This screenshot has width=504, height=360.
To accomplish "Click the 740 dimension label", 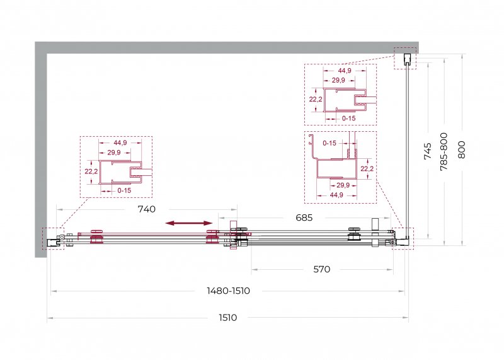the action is [x=147, y=209].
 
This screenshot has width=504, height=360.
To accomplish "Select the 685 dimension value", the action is [x=304, y=218].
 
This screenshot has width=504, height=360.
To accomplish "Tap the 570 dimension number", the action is [x=321, y=269].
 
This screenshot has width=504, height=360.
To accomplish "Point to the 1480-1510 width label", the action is [x=228, y=291].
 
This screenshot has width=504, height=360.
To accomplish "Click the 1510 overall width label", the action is [x=228, y=318].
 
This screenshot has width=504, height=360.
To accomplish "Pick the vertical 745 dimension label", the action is [x=428, y=151].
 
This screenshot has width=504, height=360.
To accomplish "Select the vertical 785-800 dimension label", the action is [x=444, y=151].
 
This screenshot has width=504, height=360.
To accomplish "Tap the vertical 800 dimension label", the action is [x=462, y=149].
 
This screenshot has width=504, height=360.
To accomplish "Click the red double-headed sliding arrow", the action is [x=189, y=223].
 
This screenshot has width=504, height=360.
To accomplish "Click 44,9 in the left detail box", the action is [x=120, y=142].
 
